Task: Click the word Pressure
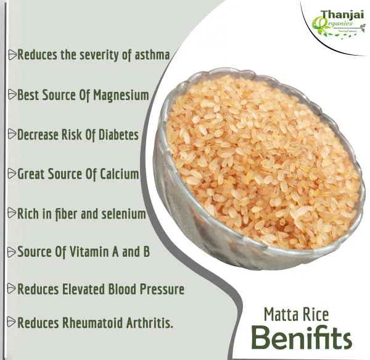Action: click(162, 288)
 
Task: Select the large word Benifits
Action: click(301, 338)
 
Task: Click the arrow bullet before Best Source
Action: click(12, 95)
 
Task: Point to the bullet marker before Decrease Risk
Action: click(12, 135)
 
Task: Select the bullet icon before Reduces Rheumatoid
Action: click(12, 322)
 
